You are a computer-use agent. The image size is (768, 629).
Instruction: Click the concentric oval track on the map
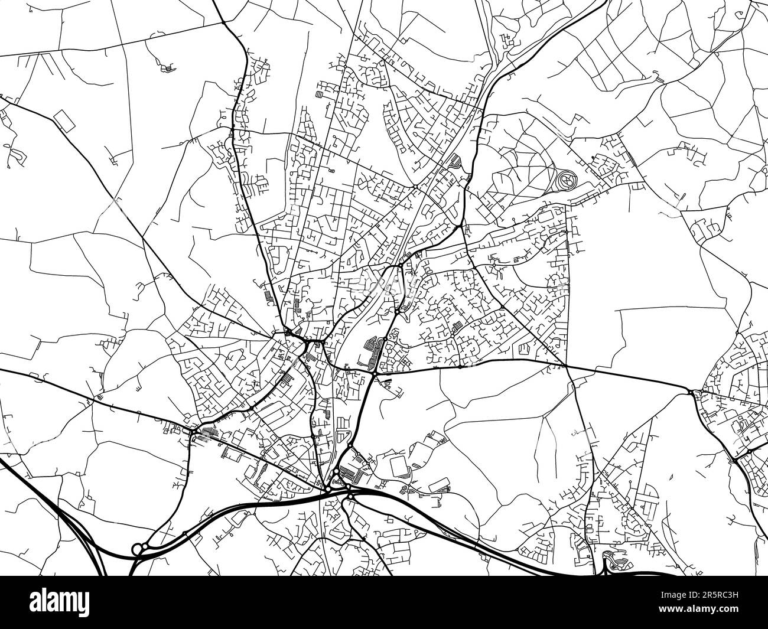click(566, 179)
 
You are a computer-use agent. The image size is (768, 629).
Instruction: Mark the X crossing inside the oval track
click(566, 179)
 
